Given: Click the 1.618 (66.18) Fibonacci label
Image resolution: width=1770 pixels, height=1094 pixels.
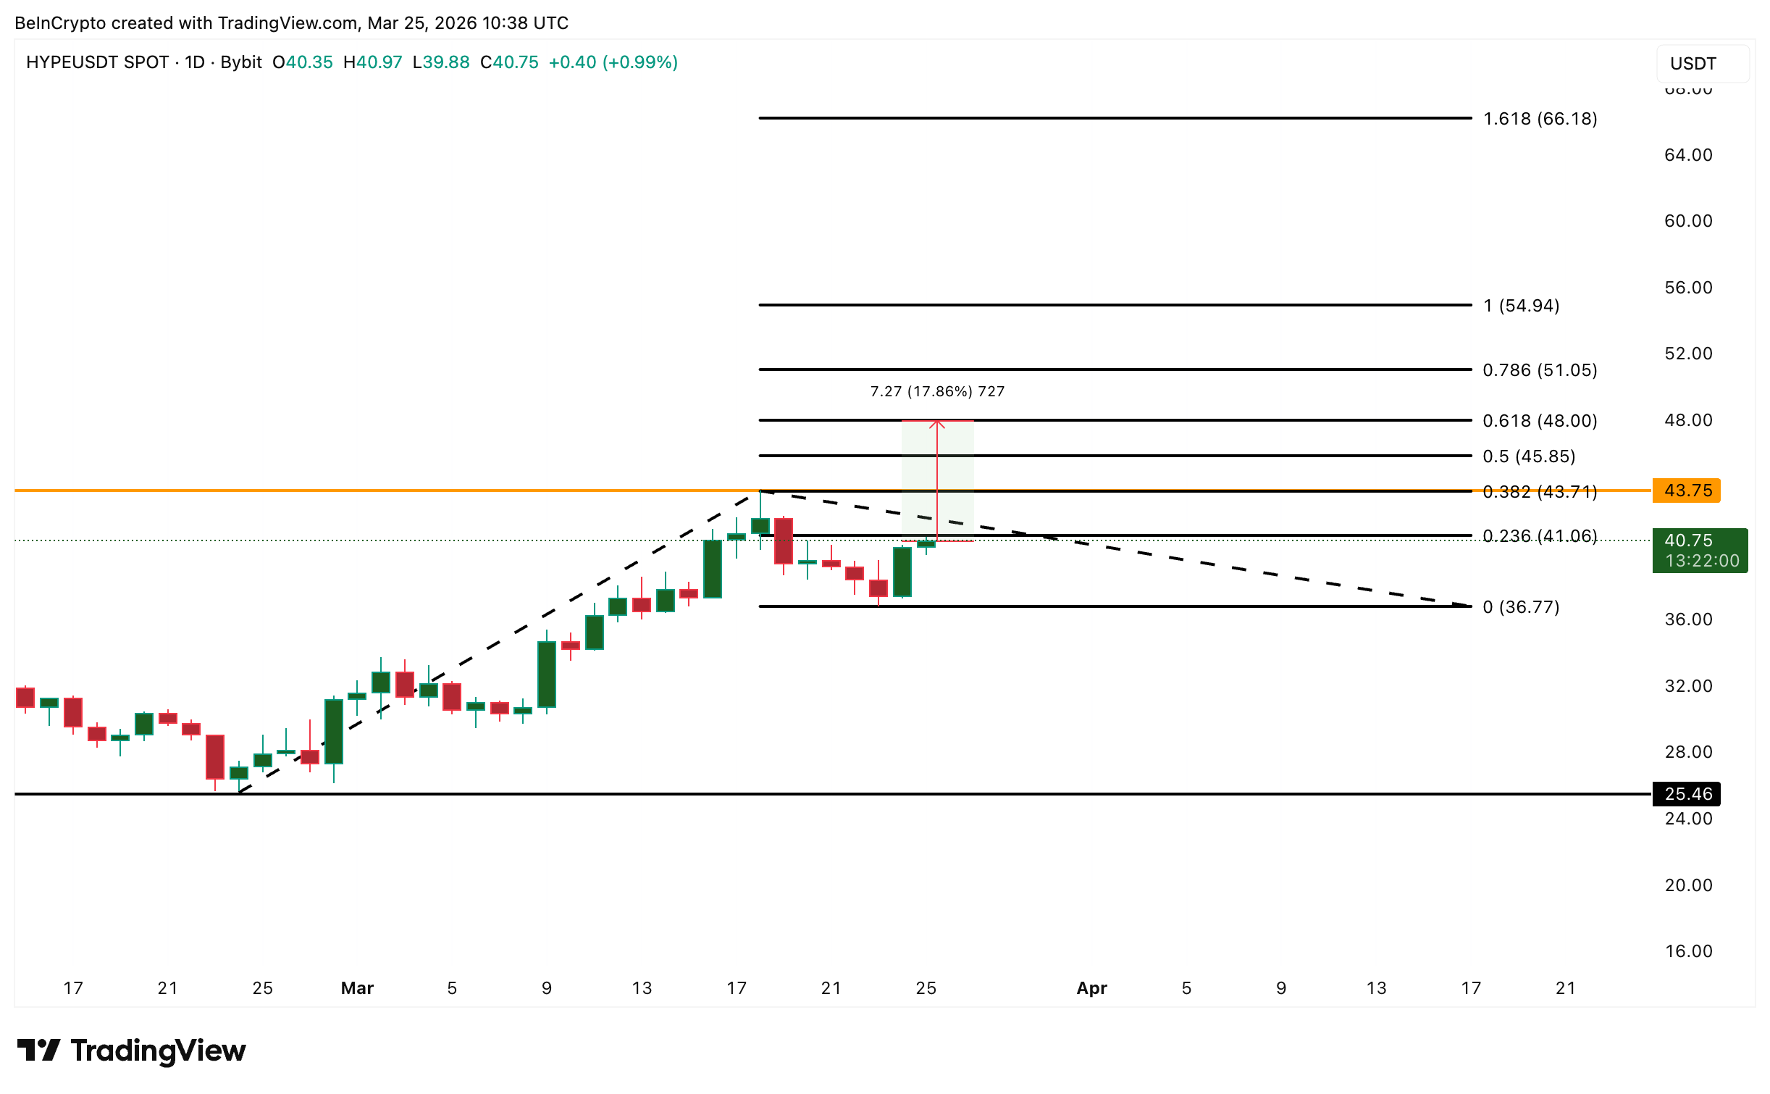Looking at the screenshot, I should click(x=1539, y=119).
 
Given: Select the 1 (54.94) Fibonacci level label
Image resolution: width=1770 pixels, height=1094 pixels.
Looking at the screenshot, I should click(x=1521, y=306).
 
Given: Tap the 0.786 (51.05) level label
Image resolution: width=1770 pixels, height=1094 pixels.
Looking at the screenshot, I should click(x=1539, y=370).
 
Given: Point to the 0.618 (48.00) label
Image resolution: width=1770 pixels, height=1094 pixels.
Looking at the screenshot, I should click(x=1539, y=421).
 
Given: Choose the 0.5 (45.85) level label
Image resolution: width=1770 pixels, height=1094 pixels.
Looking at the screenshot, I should click(x=1528, y=456).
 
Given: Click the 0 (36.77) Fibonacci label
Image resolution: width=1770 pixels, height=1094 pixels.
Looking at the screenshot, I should click(x=1521, y=607).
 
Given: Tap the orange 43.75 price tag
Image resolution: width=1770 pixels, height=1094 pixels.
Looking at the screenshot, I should click(x=1687, y=490).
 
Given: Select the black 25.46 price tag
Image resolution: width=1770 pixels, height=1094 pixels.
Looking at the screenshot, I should click(x=1687, y=794).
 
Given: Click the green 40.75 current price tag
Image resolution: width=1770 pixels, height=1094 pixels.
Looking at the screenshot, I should click(x=1699, y=551).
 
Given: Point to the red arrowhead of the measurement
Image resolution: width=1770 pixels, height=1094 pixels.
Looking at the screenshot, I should click(x=937, y=424).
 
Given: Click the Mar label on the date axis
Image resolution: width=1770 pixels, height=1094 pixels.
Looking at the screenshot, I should click(x=357, y=988).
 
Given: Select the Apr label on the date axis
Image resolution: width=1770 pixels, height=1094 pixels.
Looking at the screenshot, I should click(x=1091, y=988).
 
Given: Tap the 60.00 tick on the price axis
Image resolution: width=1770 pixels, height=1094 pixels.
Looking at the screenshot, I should click(x=1687, y=221).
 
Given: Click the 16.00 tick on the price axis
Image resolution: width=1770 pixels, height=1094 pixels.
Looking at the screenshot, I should click(x=1687, y=951).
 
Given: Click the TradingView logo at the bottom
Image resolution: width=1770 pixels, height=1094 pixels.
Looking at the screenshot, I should click(x=132, y=1051).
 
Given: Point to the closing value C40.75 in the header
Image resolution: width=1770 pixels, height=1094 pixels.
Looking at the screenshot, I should click(x=509, y=62).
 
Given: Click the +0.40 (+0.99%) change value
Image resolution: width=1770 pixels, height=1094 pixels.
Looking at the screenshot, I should click(x=613, y=62).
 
